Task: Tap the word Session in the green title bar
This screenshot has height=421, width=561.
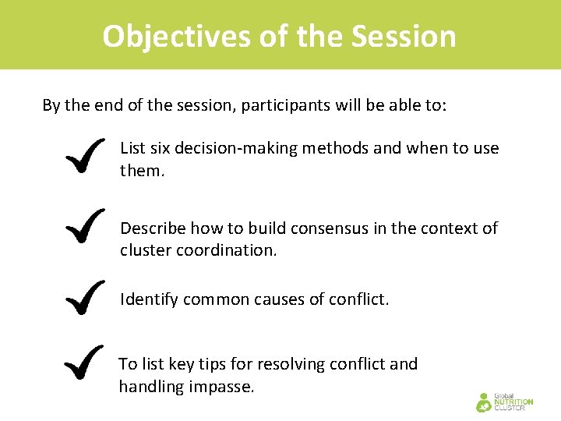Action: click(x=404, y=36)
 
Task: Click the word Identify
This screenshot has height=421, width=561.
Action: click(x=149, y=299)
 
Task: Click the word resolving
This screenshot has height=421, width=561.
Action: click(x=288, y=364)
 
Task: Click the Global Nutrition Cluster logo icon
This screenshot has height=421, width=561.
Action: click(x=485, y=402)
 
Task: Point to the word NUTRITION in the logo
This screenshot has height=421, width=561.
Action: click(x=514, y=402)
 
